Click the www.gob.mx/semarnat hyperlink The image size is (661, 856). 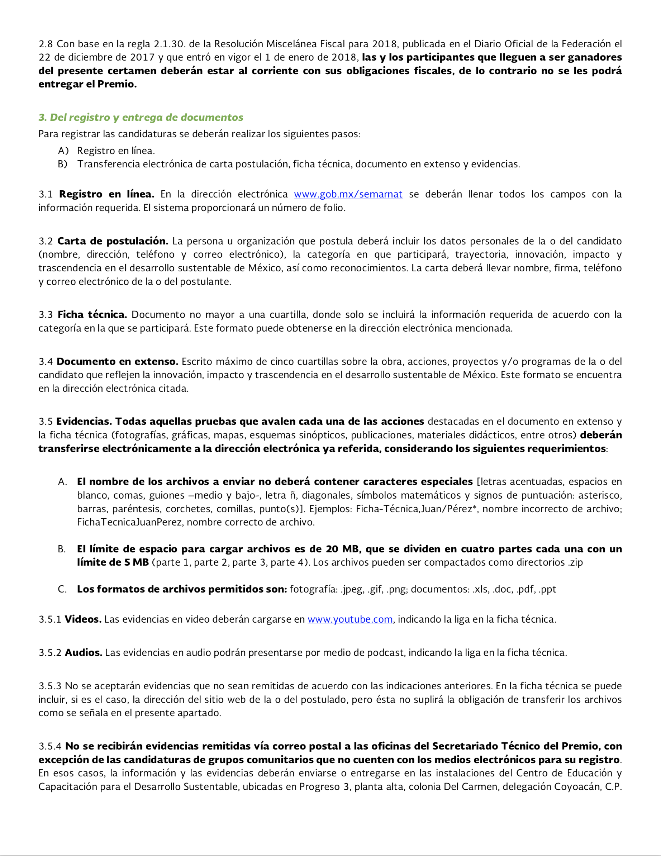click(x=348, y=194)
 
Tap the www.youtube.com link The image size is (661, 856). click(x=350, y=619)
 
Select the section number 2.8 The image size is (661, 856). click(x=45, y=44)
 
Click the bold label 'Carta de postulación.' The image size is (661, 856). click(x=113, y=241)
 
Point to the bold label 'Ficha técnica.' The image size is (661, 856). click(x=92, y=314)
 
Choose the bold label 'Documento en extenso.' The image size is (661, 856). click(x=118, y=361)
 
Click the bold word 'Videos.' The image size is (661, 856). click(x=83, y=619)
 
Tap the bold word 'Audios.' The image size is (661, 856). click(x=84, y=653)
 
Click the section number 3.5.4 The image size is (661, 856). click(x=50, y=746)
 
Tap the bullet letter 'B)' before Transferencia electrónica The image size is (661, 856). click(x=63, y=164)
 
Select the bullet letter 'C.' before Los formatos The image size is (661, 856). click(x=62, y=589)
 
